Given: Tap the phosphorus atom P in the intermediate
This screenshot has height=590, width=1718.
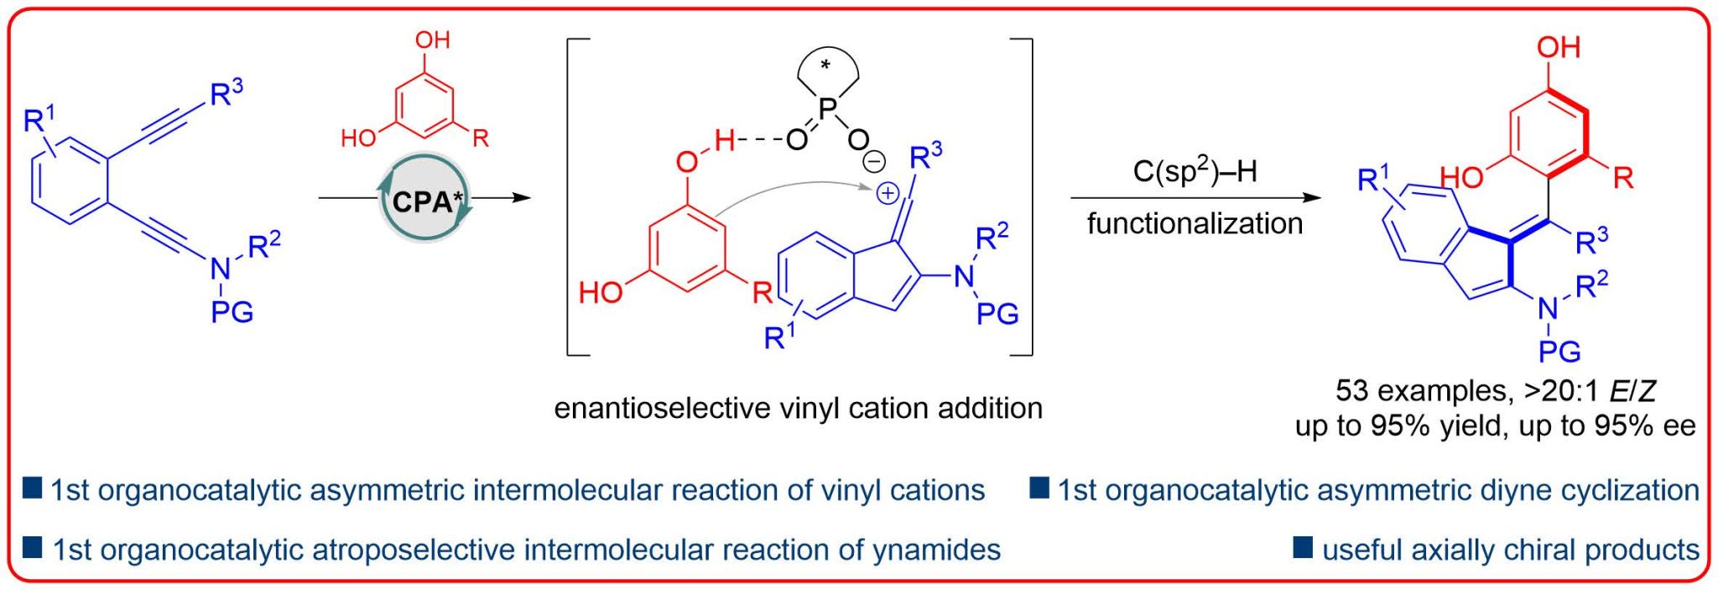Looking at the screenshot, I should coord(827,107).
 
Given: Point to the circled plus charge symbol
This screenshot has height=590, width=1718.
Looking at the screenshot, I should coord(887,194).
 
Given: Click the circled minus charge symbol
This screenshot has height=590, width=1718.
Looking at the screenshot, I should coord(874,160).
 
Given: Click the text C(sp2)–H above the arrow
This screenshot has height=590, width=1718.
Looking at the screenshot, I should coord(1195,171).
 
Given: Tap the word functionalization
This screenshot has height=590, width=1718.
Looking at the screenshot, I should coord(1195,223).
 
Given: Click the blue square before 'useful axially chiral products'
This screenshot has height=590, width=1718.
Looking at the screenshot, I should coord(1303,548).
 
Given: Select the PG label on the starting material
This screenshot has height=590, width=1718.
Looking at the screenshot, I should coord(232,312).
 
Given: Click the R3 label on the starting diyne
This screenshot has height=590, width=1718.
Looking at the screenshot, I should coord(226,92).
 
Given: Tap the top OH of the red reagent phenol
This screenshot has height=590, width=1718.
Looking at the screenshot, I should coord(432,39).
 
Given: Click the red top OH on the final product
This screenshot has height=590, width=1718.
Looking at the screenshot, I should coord(1558,47).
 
